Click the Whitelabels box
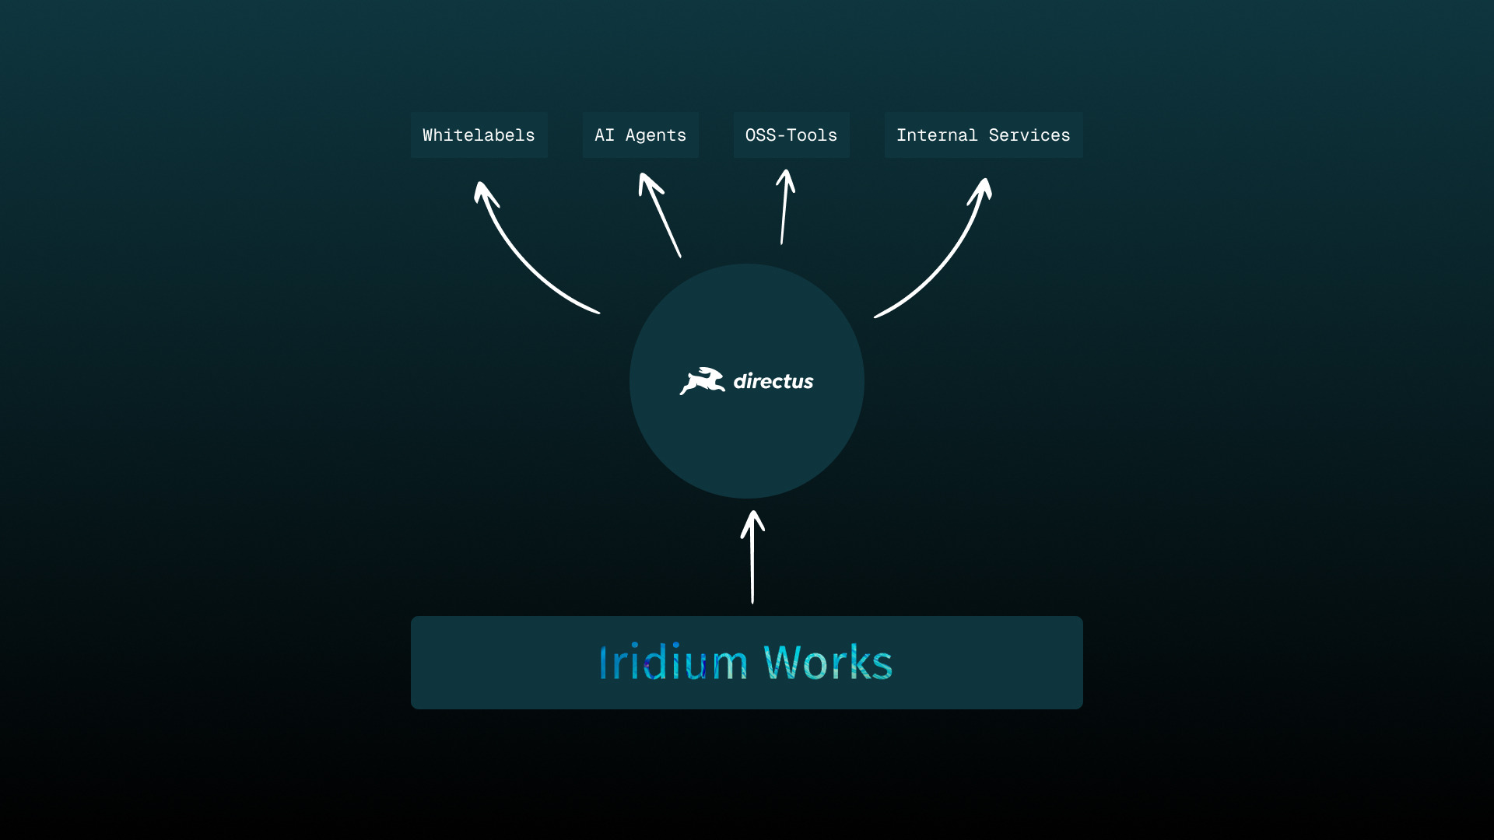pos(479,135)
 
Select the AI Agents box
pos(640,135)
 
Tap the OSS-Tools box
pos(791,135)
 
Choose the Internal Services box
pos(984,135)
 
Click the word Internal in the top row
pos(937,135)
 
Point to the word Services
pos(1029,135)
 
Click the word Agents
pos(656,136)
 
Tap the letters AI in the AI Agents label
pos(605,135)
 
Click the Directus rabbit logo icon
pos(702,381)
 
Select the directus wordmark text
pos(773,381)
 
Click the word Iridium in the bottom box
pos(673,663)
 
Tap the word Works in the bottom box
pos(828,663)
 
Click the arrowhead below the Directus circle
pos(752,521)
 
